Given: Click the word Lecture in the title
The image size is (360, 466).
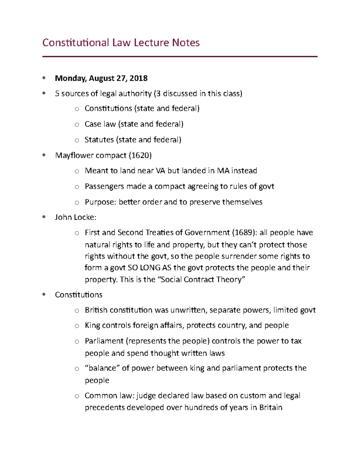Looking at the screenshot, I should pyautogui.click(x=151, y=43).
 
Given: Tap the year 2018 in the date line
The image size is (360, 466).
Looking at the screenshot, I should pyautogui.click(x=138, y=78).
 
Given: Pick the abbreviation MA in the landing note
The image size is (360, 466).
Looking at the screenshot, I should pyautogui.click(x=223, y=171).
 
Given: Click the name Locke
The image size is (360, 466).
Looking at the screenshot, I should pyautogui.click(x=85, y=217).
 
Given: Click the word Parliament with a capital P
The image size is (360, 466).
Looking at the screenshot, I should pyautogui.click(x=104, y=341).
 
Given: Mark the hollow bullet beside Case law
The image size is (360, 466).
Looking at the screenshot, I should pyautogui.click(x=77, y=125).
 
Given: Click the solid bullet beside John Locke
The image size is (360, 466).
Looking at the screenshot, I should pyautogui.click(x=44, y=217).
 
